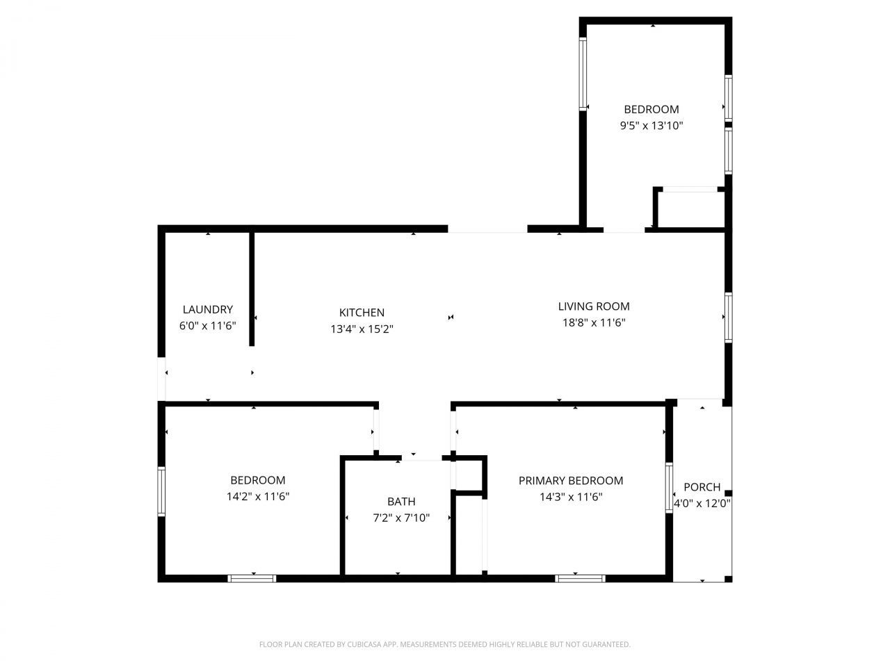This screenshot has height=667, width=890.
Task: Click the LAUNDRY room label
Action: pyautogui.click(x=207, y=310)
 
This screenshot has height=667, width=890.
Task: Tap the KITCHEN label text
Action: pyautogui.click(x=362, y=313)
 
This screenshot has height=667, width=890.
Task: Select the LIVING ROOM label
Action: pyautogui.click(x=594, y=306)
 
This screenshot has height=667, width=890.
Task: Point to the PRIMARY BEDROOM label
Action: pyautogui.click(x=571, y=481)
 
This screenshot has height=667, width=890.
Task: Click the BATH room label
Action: pyautogui.click(x=401, y=502)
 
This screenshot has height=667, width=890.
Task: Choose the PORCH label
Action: pyautogui.click(x=702, y=487)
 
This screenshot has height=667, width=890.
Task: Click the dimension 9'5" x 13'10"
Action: pyautogui.click(x=652, y=126)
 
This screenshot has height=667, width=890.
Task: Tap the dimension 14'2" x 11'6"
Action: pyautogui.click(x=258, y=497)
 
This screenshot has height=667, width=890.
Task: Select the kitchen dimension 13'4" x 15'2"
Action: pyautogui.click(x=362, y=329)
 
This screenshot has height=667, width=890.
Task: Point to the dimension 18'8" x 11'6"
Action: pyautogui.click(x=594, y=322)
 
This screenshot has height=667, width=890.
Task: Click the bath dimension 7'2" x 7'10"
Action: pyautogui.click(x=401, y=518)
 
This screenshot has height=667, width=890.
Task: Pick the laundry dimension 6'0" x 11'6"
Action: pyautogui.click(x=207, y=325)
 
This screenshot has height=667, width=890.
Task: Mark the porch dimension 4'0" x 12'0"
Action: pyautogui.click(x=702, y=504)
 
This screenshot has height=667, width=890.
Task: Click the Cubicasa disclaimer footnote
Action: pyautogui.click(x=445, y=645)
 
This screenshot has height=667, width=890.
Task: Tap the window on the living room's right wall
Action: pyautogui.click(x=728, y=318)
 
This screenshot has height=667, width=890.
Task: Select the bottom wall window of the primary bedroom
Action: pyautogui.click(x=580, y=578)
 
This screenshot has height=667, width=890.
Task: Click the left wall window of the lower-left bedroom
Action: pyautogui.click(x=161, y=491)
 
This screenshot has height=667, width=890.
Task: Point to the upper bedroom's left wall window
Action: pyautogui.click(x=583, y=74)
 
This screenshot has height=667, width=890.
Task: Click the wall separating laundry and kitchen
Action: pyautogui.click(x=252, y=288)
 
